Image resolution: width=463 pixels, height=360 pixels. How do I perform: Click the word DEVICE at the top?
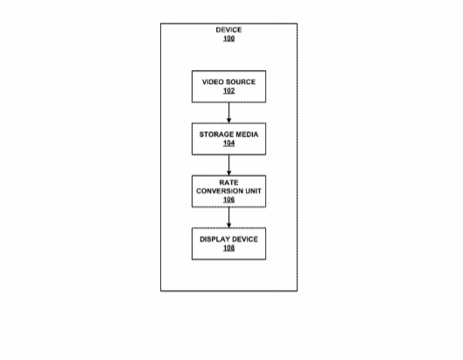click(228, 30)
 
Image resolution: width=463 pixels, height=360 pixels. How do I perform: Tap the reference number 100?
click(228, 39)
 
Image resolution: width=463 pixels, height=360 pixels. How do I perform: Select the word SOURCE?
click(241, 81)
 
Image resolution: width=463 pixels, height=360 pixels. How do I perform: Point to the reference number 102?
click(228, 90)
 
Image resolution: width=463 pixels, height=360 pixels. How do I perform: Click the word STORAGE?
click(216, 135)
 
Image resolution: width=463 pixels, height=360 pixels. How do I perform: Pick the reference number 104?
click(228, 143)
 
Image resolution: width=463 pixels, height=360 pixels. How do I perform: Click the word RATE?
click(228, 182)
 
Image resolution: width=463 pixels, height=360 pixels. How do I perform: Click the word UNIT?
click(253, 191)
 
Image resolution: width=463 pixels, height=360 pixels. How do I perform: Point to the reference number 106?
click(228, 200)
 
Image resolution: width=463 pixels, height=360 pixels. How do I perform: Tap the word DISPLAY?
click(214, 239)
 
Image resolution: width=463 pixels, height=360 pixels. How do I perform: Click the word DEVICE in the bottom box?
click(244, 239)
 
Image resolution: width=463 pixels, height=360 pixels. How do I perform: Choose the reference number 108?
click(228, 248)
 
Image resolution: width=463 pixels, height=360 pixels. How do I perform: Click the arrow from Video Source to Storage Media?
click(228, 113)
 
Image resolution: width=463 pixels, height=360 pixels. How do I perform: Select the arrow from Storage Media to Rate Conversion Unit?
click(228, 165)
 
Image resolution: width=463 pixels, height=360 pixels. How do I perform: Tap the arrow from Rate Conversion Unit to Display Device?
click(228, 217)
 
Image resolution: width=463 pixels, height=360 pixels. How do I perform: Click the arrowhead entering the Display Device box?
click(228, 225)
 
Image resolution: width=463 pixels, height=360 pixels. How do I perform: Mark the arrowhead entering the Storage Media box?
click(228, 120)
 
